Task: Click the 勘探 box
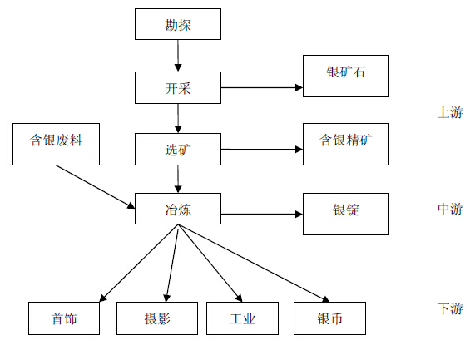point(178,24)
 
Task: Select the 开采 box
point(178,88)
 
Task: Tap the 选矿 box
point(178,150)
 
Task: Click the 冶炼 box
point(178,209)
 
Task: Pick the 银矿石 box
point(346,76)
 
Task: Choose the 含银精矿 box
point(346,144)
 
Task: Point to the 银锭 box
point(346,214)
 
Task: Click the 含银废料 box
point(56,144)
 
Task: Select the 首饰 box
point(64,318)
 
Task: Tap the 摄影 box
point(157,318)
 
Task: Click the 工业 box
point(242,318)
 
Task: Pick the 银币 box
point(329,318)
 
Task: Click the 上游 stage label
point(450,112)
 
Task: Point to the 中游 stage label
point(450,209)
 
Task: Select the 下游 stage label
point(450,308)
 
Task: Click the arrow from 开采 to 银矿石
point(262,88)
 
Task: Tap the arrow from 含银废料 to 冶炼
point(96,187)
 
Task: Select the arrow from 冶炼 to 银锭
point(262,215)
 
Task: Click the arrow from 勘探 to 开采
point(178,56)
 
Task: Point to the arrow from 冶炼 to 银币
point(254,263)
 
